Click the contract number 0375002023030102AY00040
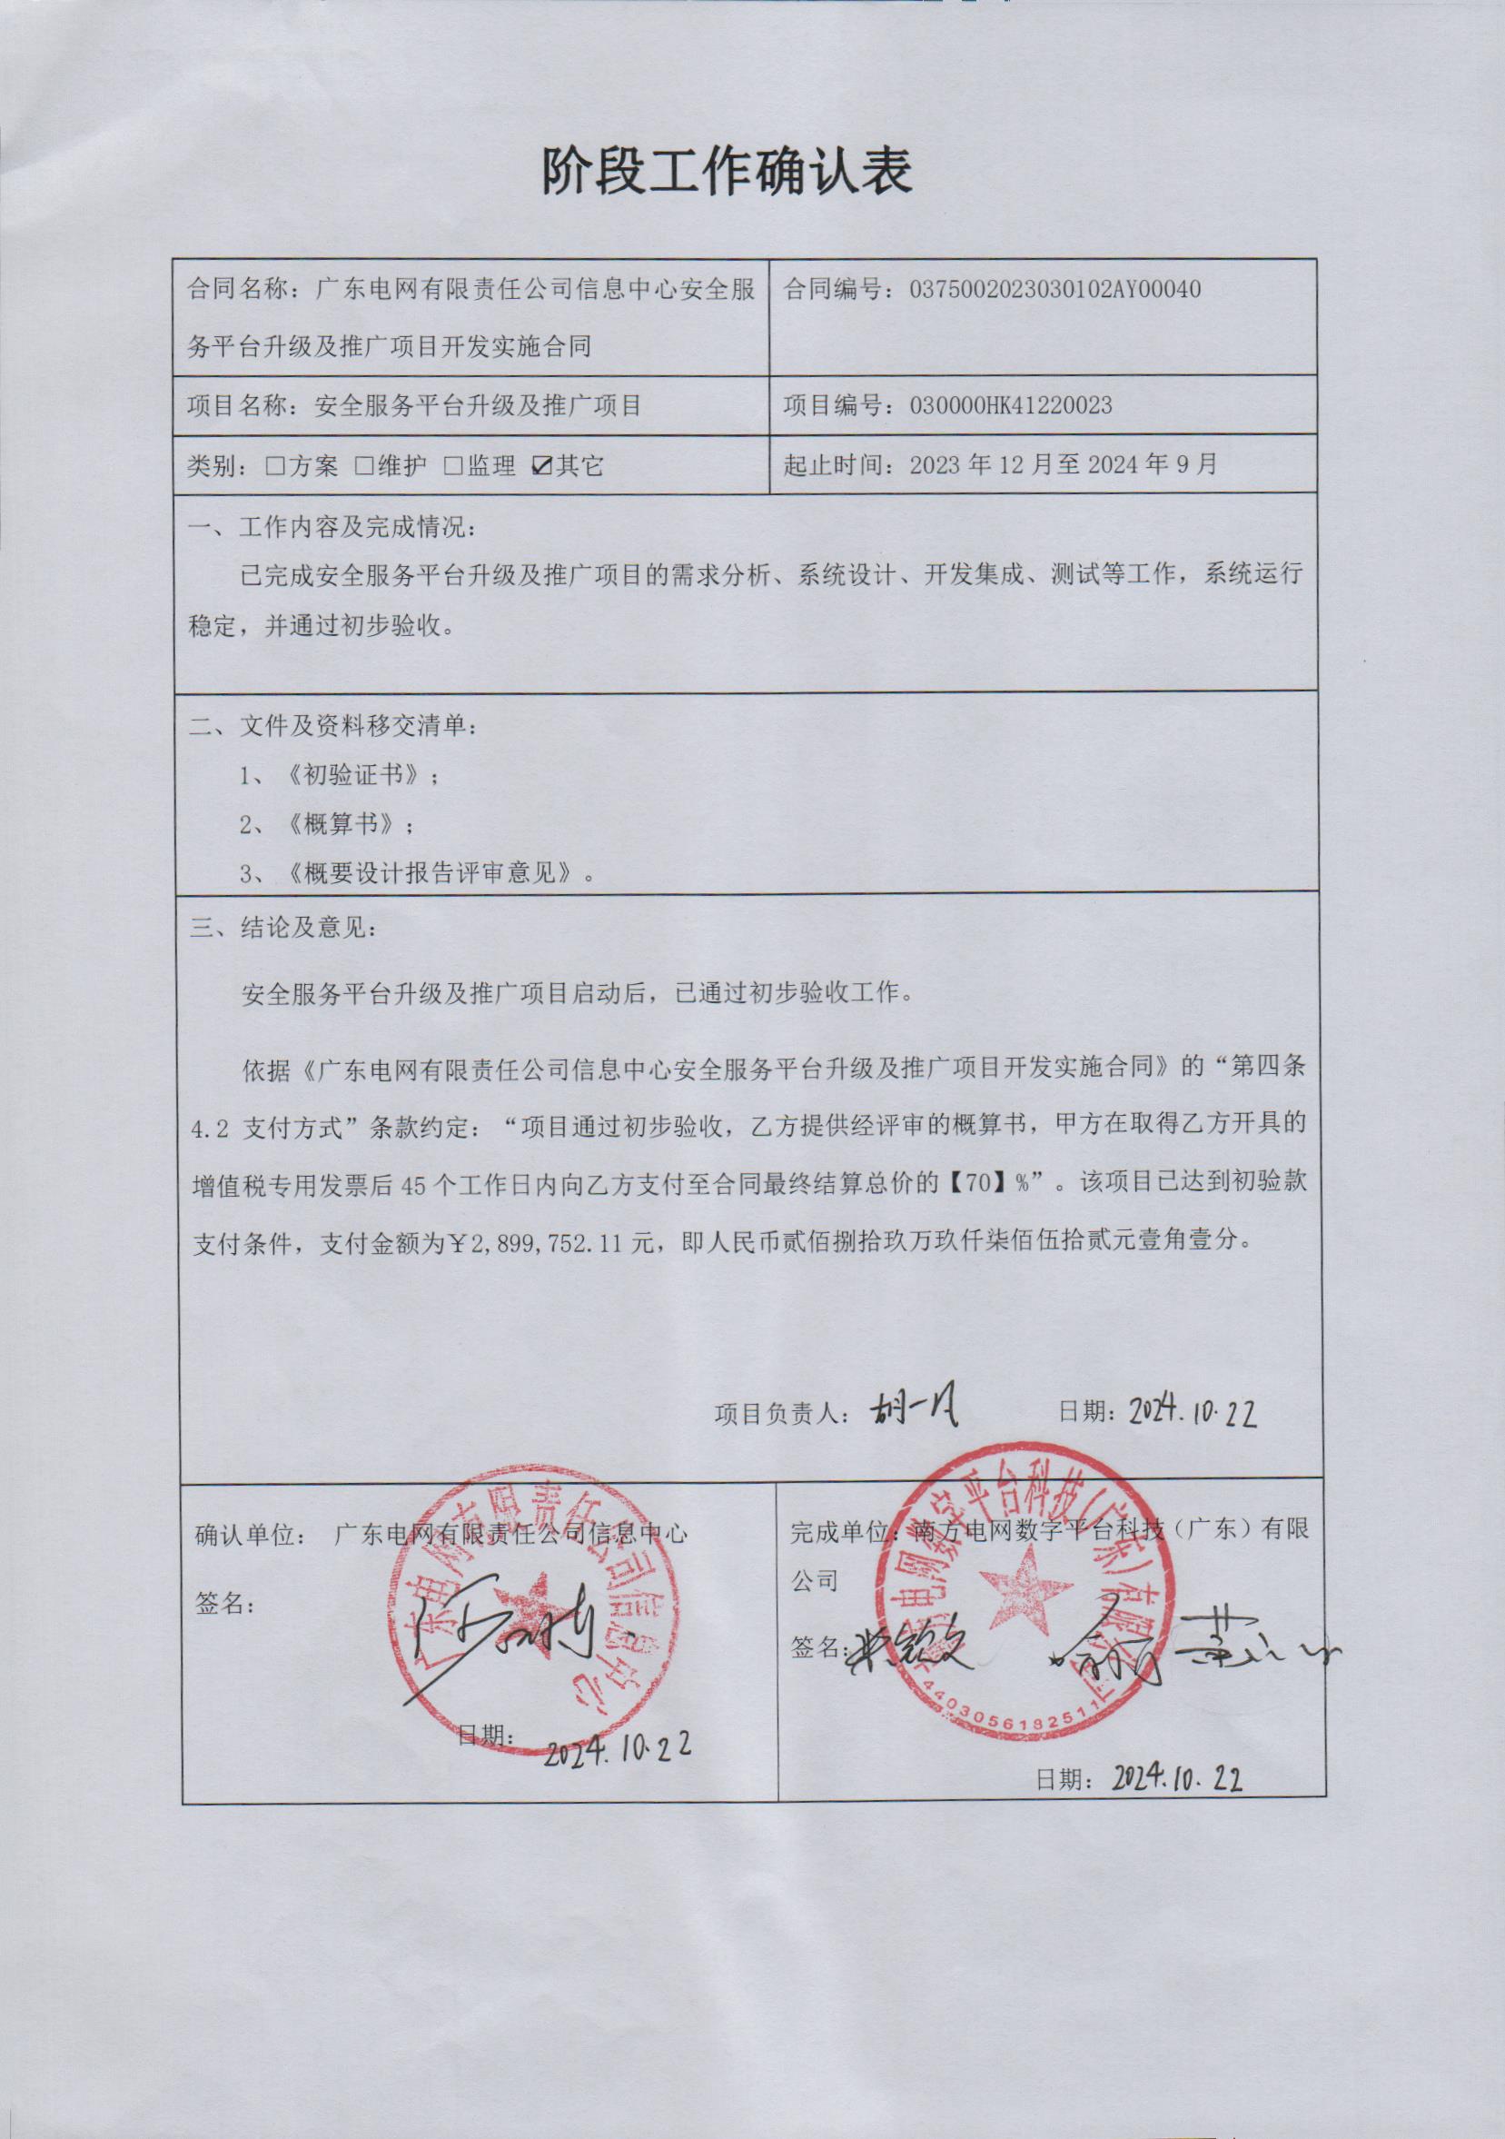click(1054, 289)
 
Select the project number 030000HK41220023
click(1011, 405)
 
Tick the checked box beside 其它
click(541, 466)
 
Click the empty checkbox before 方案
click(274, 466)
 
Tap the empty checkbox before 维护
click(364, 466)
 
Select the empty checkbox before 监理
click(453, 466)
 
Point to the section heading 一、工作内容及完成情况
click(332, 527)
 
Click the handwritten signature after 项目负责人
click(914, 1411)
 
